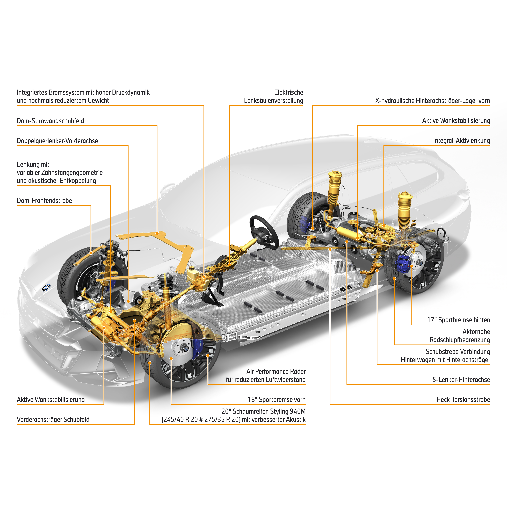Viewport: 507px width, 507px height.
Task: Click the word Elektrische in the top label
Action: [x=289, y=92]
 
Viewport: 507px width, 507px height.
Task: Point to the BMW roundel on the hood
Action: [x=46, y=288]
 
